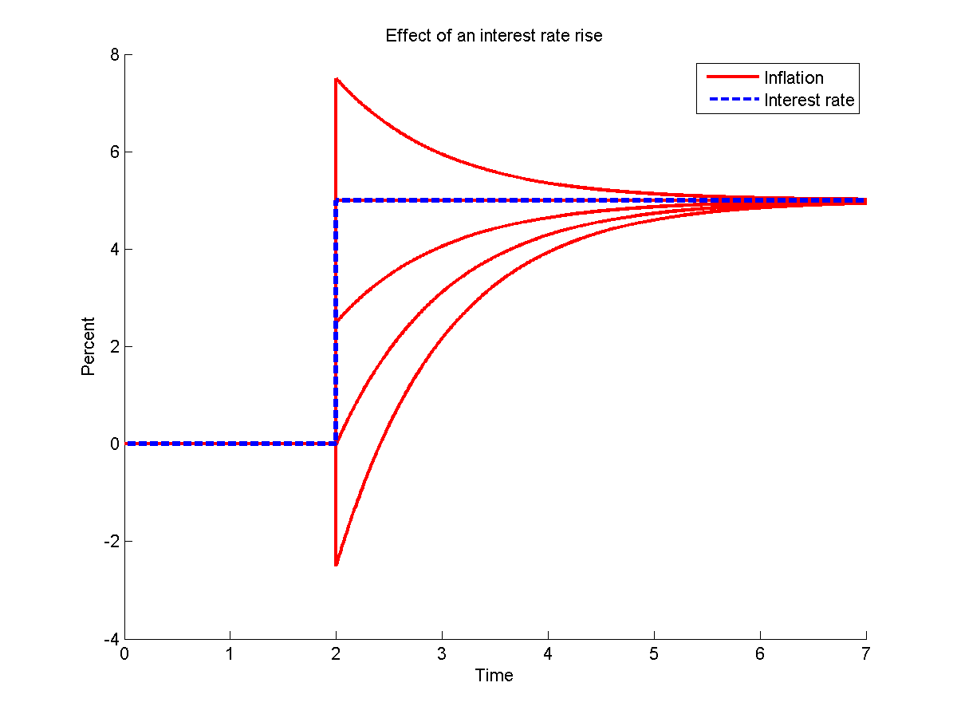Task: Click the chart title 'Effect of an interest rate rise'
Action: tap(494, 36)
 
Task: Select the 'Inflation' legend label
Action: tap(794, 77)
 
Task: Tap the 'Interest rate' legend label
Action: tap(809, 100)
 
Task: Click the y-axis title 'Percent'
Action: tap(88, 346)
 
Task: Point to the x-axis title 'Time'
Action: tap(494, 676)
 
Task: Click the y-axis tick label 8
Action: tap(115, 55)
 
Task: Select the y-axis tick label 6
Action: tap(115, 152)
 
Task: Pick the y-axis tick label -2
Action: tap(112, 542)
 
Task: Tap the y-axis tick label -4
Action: tap(112, 639)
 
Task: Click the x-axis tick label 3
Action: tap(442, 654)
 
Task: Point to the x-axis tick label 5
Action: tap(654, 654)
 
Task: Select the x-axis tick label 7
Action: tap(866, 654)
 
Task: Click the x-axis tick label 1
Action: tap(230, 654)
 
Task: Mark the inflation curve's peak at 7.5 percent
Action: tap(337, 79)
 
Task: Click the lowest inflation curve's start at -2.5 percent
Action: tap(337, 565)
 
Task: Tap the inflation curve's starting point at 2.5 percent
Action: tap(337, 322)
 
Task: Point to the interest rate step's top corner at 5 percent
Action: tap(337, 200)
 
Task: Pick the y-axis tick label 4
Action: tap(115, 250)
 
